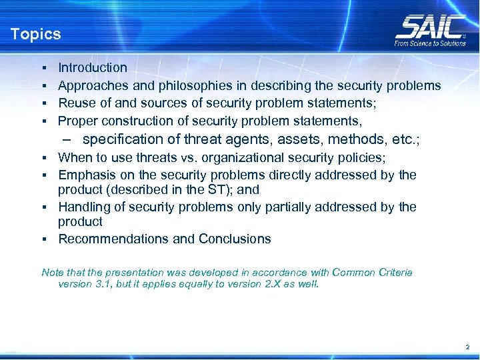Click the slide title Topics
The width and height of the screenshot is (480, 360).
coord(35,34)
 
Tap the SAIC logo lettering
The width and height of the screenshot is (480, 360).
coord(429,27)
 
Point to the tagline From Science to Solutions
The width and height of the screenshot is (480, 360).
coord(430,43)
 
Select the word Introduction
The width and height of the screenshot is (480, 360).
coord(93,67)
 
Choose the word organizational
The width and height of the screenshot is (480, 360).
coord(243,157)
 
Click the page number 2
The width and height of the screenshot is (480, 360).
coord(467,347)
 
